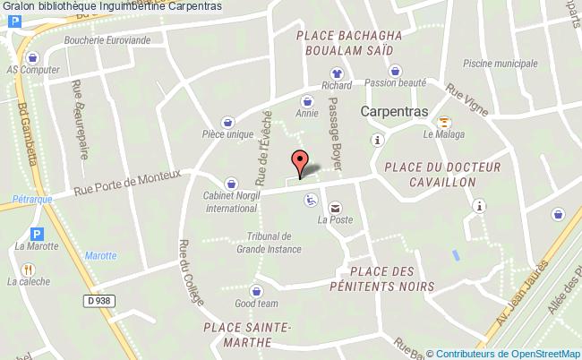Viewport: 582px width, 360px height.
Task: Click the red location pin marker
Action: (300, 162)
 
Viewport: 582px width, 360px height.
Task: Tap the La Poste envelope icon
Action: (335, 207)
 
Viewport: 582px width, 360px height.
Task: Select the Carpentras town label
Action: (395, 112)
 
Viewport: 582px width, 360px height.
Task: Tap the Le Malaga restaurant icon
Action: (445, 123)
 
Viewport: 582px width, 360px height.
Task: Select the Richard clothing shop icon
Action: (337, 73)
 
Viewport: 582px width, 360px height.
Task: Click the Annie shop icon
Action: (307, 102)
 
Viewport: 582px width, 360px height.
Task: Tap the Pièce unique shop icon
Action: (227, 121)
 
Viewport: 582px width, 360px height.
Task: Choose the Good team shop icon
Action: (257, 290)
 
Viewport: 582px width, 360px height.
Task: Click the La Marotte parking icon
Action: (37, 233)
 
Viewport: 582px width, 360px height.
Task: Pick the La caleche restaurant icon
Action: (29, 268)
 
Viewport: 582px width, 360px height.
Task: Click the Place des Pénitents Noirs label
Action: (393, 279)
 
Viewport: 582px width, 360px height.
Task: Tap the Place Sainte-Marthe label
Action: (247, 333)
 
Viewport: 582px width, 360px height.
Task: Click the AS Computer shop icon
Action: (32, 55)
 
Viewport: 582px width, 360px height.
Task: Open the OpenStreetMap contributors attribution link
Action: (508, 353)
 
